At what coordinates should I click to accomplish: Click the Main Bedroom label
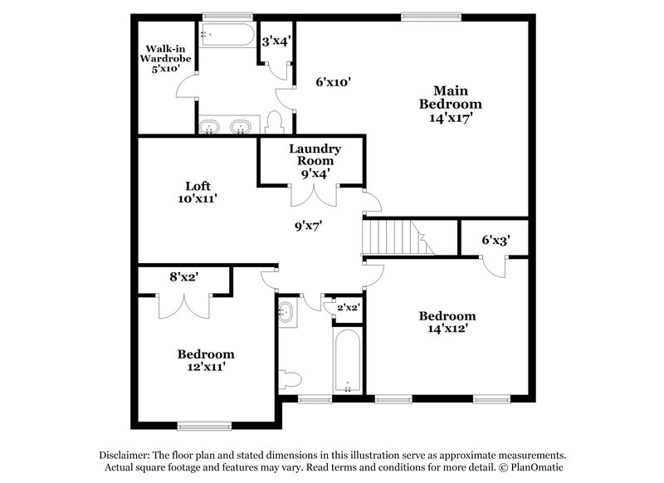point(450,97)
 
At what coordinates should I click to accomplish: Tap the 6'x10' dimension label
point(334,82)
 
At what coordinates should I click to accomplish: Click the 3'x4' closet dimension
point(276,40)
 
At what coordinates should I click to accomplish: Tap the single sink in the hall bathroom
point(286,313)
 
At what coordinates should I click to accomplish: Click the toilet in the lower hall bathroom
point(290,380)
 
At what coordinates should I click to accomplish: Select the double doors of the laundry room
point(314,192)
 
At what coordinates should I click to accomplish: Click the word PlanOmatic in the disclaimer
point(536,468)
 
